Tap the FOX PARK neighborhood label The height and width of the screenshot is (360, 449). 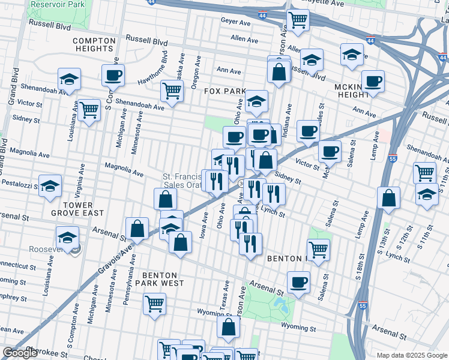tap(225, 91)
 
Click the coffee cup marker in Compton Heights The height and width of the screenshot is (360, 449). tap(113, 76)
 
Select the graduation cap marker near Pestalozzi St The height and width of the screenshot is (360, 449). tap(50, 185)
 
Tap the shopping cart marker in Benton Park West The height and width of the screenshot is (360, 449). tap(154, 304)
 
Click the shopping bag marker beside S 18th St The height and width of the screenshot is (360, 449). tap(389, 199)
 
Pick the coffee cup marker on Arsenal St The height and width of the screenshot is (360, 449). tap(298, 282)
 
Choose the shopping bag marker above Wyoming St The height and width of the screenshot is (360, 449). tap(228, 327)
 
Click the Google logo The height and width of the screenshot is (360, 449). tap(20, 353)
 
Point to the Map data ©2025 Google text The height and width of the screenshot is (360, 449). tap(411, 355)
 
